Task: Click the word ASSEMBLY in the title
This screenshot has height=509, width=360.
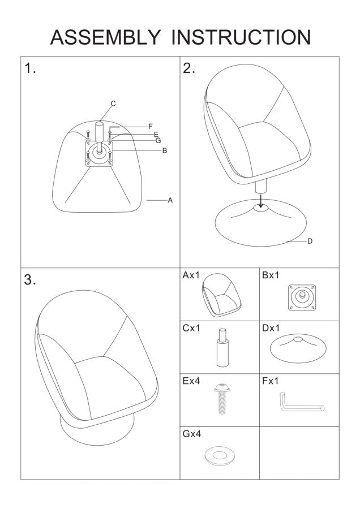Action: click(105, 37)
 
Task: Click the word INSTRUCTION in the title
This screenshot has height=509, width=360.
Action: click(241, 37)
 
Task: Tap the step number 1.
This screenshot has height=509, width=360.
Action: click(30, 68)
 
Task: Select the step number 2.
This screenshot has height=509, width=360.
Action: click(188, 68)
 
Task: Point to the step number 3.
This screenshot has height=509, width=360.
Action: click(29, 280)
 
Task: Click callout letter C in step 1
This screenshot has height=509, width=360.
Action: click(113, 103)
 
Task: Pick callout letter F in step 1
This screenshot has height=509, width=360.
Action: click(151, 126)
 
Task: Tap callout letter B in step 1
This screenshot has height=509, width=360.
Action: click(164, 150)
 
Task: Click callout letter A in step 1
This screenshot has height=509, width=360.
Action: click(170, 200)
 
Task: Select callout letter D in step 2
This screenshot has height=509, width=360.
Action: click(310, 241)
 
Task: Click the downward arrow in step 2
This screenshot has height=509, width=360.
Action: click(260, 200)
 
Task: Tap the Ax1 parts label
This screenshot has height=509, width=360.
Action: click(191, 275)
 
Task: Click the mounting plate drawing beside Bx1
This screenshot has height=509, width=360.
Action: click(302, 297)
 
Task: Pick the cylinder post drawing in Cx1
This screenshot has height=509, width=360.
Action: click(222, 347)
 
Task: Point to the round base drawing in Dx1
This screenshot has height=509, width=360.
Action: click(298, 349)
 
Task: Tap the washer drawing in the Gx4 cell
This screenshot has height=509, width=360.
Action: click(220, 455)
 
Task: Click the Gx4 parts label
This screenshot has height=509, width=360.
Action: click(192, 434)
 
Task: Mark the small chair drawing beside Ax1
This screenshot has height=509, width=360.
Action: click(221, 295)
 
